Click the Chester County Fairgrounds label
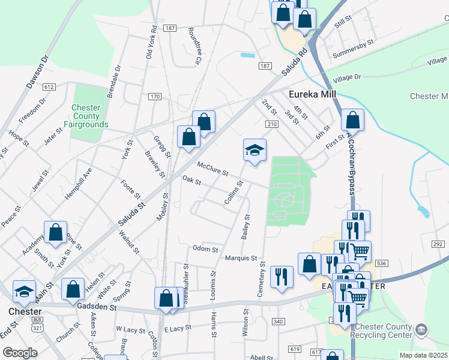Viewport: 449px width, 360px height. (x=90, y=116)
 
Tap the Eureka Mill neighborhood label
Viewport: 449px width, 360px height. (x=312, y=95)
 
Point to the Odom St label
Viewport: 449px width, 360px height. (x=205, y=248)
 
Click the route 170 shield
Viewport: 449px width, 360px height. (x=155, y=97)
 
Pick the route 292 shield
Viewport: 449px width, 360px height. (x=437, y=244)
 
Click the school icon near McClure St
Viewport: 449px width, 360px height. (x=255, y=151)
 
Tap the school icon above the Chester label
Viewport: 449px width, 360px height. (x=25, y=292)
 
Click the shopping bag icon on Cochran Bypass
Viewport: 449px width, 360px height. (x=353, y=120)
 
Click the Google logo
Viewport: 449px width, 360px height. (x=20, y=353)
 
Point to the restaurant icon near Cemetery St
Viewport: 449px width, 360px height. (x=281, y=277)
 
